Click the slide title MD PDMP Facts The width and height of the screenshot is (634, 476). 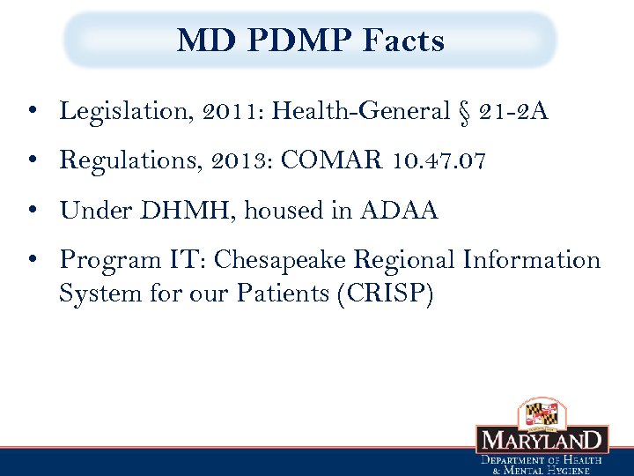coord(311,41)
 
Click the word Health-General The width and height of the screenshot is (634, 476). coord(361,111)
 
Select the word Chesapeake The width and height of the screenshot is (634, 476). coord(280,261)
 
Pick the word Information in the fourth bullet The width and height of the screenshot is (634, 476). coord(531,261)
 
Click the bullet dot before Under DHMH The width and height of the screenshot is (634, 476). coord(31,212)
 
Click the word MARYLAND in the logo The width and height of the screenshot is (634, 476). coord(542,440)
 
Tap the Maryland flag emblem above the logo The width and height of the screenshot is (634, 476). coord(542,412)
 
